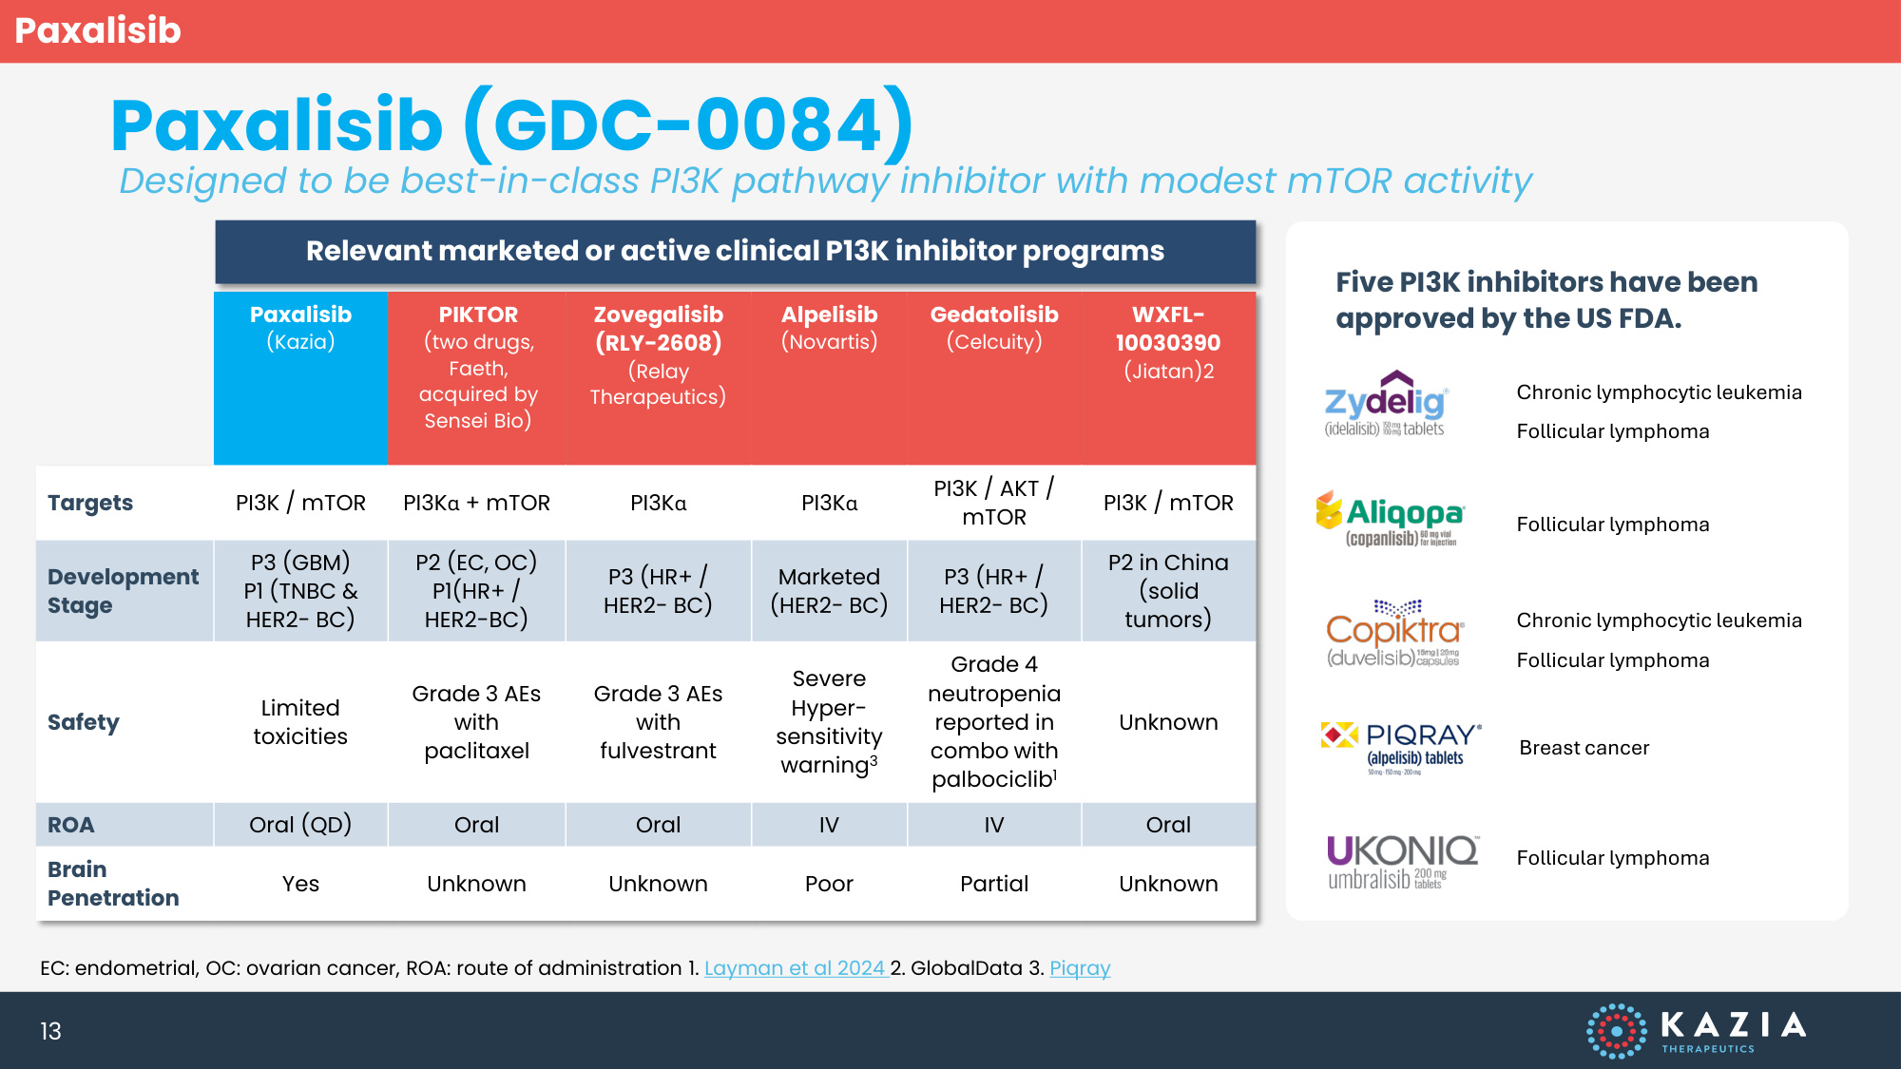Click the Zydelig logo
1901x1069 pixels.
coord(1386,404)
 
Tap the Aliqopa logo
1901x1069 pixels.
coord(1390,519)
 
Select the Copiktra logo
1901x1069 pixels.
coord(1394,633)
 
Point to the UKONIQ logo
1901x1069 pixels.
coord(1402,861)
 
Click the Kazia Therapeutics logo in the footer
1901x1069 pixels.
coord(1697,1030)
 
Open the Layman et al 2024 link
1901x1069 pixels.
coord(795,968)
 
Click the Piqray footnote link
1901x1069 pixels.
coord(1080,968)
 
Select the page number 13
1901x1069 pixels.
coord(50,1031)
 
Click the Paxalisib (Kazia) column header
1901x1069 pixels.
coord(300,328)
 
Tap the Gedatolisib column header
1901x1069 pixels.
coord(994,328)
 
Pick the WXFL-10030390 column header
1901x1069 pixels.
coord(1168,342)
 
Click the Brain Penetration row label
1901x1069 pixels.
coord(113,884)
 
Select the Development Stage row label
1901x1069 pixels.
coord(123,591)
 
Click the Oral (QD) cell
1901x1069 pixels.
coord(300,825)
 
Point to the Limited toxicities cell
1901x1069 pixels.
coord(300,722)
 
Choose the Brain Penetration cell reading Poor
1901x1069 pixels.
coord(829,884)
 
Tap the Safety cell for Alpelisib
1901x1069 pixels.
coord(829,722)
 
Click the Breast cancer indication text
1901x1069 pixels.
coord(1584,748)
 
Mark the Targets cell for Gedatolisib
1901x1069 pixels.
coord(994,503)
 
